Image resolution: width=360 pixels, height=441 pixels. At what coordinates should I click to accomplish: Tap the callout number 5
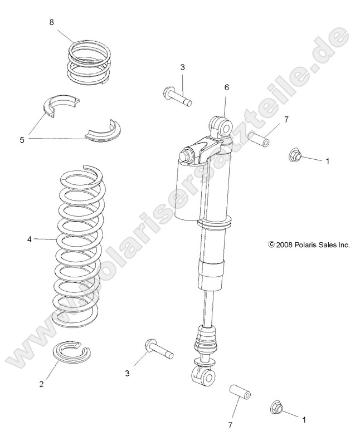(22, 140)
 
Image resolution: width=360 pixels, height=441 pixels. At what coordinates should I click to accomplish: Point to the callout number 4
(29, 239)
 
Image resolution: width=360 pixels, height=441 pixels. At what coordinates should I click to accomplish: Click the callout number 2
(41, 384)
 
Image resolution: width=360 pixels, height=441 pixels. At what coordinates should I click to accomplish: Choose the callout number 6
(227, 88)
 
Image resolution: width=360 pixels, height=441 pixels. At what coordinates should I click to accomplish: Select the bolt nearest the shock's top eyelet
(177, 96)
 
